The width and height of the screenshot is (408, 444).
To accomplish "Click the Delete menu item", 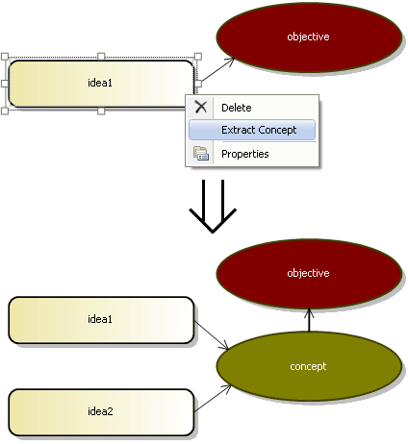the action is point(237,108).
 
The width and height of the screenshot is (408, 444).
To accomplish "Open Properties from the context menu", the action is point(245,154).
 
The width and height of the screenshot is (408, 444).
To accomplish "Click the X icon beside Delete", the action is point(201,107).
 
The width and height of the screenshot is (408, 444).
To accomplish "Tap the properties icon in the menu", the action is point(201,154).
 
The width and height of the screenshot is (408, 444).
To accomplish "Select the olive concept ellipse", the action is point(309,366).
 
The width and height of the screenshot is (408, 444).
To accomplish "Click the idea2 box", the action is point(101,412).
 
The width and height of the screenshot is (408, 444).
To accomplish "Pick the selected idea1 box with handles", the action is point(101,84).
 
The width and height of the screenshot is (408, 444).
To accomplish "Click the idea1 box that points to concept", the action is point(101,320).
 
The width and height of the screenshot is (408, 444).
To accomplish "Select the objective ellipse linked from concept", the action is point(309,273).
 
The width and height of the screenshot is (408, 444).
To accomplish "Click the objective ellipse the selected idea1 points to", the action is point(309,37).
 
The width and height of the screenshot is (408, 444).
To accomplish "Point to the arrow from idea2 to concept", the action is point(213,398).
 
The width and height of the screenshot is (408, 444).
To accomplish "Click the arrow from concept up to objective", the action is point(309,320).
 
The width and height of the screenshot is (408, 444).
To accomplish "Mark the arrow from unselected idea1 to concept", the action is point(212,335).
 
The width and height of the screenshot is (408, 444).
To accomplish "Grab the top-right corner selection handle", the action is point(198,57).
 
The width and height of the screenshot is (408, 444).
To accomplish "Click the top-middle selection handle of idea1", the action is point(101,57).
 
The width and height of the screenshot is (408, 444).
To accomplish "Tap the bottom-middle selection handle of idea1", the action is point(101,111).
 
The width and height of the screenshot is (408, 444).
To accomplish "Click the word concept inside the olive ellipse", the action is point(308,366).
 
